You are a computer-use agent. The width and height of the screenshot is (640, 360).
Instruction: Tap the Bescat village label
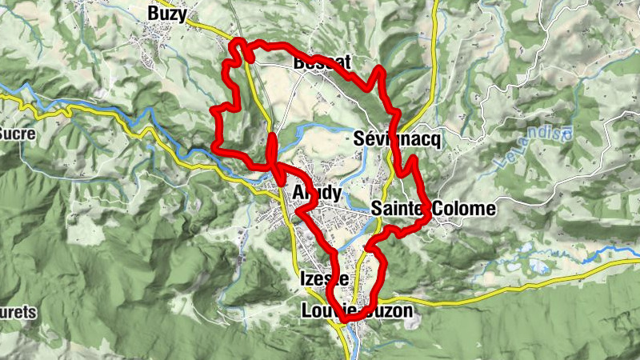click(322, 62)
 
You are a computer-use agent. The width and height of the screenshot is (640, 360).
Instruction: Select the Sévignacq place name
click(398, 139)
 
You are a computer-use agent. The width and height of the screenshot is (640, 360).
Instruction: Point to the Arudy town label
click(318, 194)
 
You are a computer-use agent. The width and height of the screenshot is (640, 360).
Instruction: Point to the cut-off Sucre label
click(18, 134)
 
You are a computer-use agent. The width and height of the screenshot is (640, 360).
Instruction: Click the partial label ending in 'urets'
click(18, 312)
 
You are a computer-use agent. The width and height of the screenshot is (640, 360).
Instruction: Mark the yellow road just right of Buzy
click(210, 27)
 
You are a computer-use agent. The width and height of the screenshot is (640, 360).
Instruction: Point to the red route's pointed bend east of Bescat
click(381, 72)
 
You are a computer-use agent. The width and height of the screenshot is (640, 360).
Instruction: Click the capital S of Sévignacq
click(358, 139)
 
